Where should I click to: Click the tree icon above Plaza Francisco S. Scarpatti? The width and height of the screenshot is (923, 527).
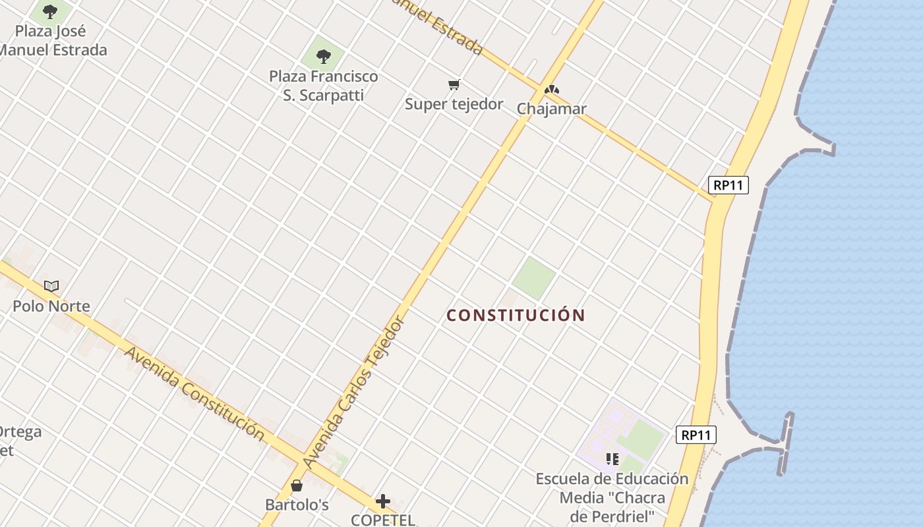(x=323, y=56)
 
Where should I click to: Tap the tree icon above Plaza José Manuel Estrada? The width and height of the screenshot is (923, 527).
(x=50, y=11)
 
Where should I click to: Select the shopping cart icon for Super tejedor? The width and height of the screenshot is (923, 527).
(x=454, y=84)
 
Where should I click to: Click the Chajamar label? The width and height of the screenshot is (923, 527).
(x=551, y=109)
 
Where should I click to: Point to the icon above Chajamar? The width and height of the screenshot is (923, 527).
(x=552, y=89)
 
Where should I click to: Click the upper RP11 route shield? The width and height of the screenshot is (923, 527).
(x=729, y=185)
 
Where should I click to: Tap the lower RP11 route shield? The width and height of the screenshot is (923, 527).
(x=696, y=435)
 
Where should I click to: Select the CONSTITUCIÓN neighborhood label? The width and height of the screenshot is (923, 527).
(x=516, y=315)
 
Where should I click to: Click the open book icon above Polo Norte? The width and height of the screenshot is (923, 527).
(x=51, y=286)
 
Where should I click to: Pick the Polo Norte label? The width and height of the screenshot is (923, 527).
(x=51, y=306)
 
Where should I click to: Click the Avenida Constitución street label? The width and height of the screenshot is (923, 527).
(x=194, y=394)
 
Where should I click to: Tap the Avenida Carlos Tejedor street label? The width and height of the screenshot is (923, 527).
(x=353, y=393)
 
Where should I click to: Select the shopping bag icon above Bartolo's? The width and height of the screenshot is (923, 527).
(x=297, y=485)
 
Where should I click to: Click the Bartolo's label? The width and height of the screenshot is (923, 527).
(x=297, y=505)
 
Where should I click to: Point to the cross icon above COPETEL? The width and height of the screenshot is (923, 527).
(x=383, y=501)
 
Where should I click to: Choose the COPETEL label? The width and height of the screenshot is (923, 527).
(x=383, y=520)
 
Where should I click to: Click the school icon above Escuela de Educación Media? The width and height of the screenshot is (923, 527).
(x=612, y=458)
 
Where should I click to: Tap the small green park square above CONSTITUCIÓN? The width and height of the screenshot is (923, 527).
(x=533, y=278)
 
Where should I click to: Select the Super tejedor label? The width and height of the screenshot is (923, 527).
(x=454, y=104)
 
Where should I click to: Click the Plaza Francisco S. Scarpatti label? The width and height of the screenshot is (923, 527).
(x=324, y=86)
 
